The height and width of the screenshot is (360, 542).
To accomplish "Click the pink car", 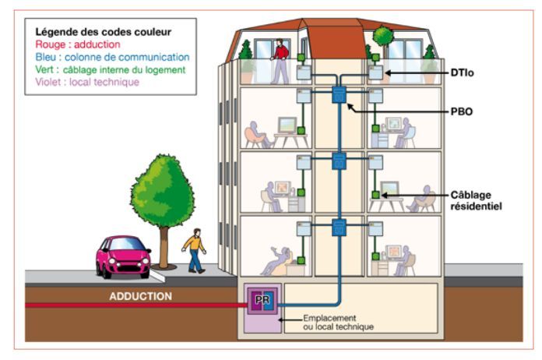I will pyautogui.click(x=123, y=255).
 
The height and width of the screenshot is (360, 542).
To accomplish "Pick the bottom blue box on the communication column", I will pyautogui.click(x=339, y=228).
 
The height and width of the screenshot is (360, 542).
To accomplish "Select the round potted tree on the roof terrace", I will pyautogui.click(x=382, y=36).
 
